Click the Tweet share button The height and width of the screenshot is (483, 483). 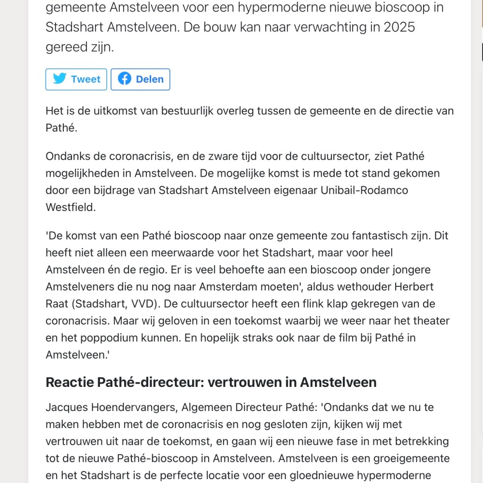(x=76, y=79)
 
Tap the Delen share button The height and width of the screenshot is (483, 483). (x=140, y=79)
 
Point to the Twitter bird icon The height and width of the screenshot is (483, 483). (x=59, y=79)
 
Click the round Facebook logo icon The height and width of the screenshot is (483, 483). (x=125, y=79)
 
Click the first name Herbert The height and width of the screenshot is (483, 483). (x=414, y=286)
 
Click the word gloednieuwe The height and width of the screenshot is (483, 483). (x=322, y=475)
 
